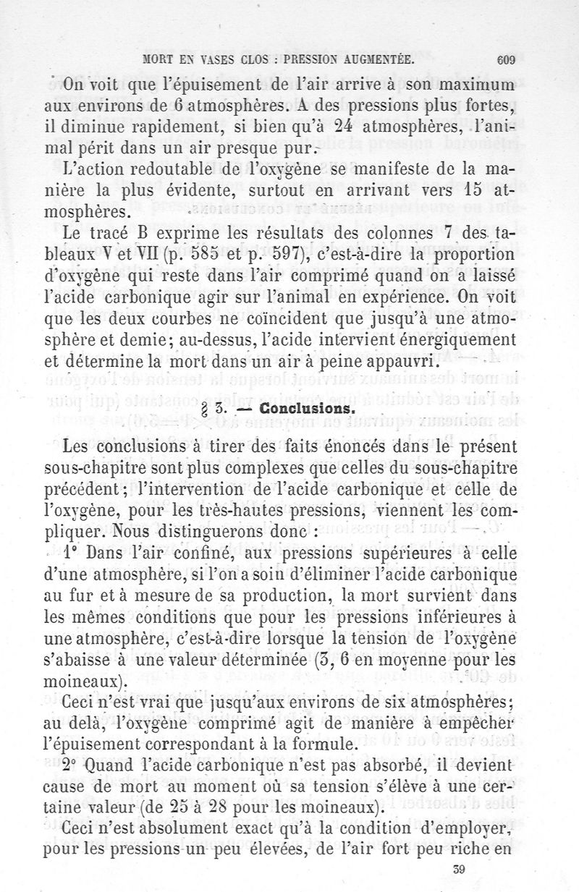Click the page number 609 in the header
coord(506,60)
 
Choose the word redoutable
coord(154,171)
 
